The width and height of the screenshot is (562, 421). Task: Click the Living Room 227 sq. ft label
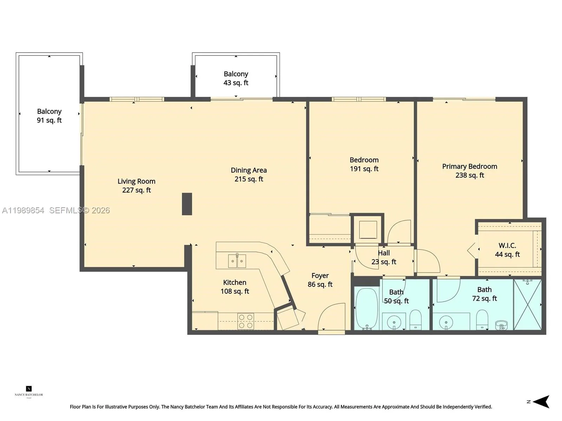coord(136,186)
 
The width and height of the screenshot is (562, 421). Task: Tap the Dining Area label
coord(249,174)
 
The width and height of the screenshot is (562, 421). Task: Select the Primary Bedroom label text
coord(470,171)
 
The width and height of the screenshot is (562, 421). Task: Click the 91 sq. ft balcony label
coord(49,116)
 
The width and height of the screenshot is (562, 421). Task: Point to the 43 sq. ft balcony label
coord(236,78)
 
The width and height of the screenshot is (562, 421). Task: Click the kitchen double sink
coord(237,261)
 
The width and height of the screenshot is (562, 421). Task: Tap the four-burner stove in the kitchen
coord(246,321)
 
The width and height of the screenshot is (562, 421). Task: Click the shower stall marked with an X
coord(528,305)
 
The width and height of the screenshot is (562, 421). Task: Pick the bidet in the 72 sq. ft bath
coord(501,325)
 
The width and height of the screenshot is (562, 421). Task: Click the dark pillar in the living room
coord(187,204)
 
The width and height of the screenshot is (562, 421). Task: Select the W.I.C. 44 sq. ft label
coord(507,250)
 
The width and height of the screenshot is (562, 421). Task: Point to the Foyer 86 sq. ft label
coord(320,280)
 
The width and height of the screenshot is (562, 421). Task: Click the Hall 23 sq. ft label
coord(384,257)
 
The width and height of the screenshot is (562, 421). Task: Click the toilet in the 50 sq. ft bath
coord(416,319)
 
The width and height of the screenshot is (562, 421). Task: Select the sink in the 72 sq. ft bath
coord(446,321)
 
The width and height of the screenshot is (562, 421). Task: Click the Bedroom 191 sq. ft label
coord(364,164)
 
